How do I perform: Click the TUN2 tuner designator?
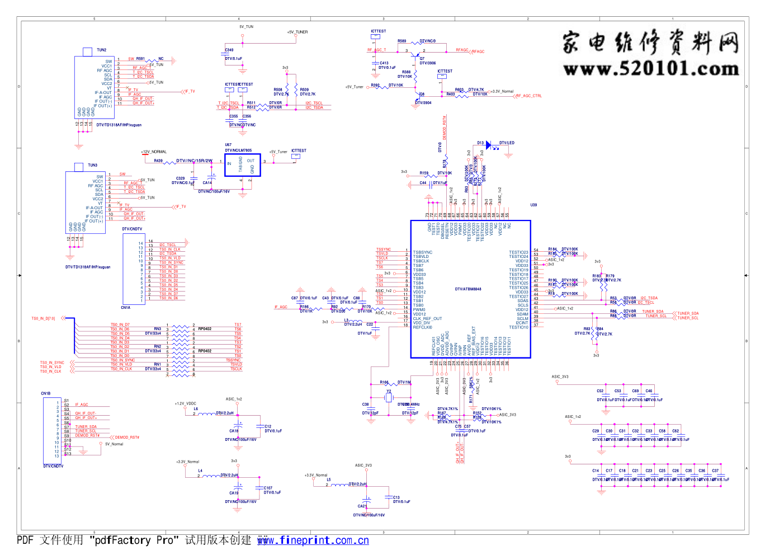(x=101, y=50)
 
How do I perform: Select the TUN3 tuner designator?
(x=92, y=166)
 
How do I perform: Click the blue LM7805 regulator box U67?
(x=242, y=165)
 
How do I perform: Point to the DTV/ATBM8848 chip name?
(x=468, y=289)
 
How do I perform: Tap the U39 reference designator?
(x=533, y=205)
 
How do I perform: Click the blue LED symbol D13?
(x=489, y=145)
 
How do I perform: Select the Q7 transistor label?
(x=422, y=58)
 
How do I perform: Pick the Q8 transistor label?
(x=422, y=94)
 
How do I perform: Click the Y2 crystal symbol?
(x=389, y=397)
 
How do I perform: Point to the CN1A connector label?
(x=126, y=308)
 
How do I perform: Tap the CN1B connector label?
(x=45, y=393)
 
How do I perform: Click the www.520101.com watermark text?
(x=651, y=69)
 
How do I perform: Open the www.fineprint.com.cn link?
(x=313, y=540)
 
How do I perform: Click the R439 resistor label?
(x=158, y=161)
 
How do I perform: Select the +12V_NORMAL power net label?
(x=154, y=152)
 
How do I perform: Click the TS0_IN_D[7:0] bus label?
(x=43, y=319)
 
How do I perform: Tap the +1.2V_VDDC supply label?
(x=186, y=403)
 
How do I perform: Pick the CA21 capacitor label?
(x=362, y=506)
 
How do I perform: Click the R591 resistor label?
(x=140, y=59)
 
